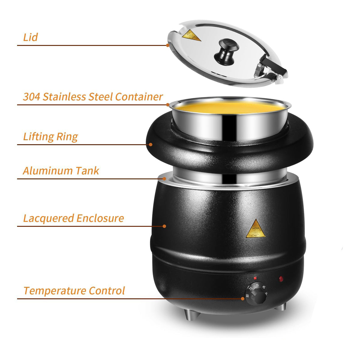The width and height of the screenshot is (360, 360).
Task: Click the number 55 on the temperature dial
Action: click(257, 285)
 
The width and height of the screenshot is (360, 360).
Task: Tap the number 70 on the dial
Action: click(250, 289)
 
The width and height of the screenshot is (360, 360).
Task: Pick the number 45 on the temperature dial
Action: click(263, 287)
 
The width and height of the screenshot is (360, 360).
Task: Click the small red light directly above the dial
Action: click(255, 278)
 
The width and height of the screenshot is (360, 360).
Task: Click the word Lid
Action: click(31, 37)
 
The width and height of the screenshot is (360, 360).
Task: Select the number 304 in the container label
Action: click(31, 97)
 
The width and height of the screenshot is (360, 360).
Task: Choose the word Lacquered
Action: click(48, 218)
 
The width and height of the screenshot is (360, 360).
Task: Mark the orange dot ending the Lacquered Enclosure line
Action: click(164, 226)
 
